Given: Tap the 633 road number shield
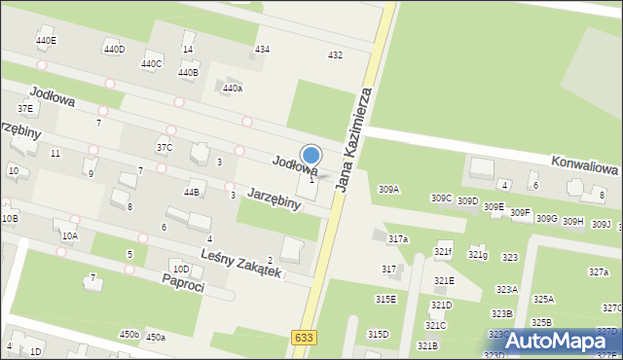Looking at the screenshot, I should tap(303, 337).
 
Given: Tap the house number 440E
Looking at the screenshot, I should tap(46, 41).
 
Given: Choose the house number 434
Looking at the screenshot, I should tap(262, 49).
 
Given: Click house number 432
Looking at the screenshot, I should tap(335, 55).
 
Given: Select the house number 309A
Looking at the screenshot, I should tap(388, 189).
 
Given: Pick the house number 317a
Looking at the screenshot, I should tap(398, 238).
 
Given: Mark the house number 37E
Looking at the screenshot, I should tap(25, 108).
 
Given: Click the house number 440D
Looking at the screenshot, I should tap(114, 49).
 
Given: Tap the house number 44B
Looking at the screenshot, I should tap(192, 193).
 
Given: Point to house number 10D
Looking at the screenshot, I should tap(180, 269).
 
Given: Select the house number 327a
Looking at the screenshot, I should tap(599, 271).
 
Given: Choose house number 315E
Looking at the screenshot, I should tap(385, 300).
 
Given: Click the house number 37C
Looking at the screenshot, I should tap(165, 148).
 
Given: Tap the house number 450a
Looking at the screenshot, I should tap(156, 337).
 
